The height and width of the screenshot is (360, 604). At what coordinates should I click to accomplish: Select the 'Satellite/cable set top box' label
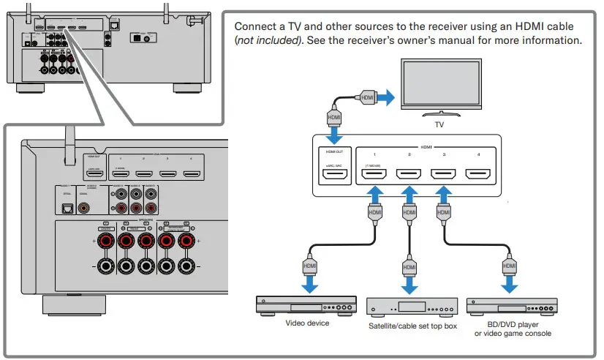412,326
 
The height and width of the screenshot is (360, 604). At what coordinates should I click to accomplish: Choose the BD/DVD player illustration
511,305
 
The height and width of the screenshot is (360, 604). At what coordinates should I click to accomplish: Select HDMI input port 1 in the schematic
374,176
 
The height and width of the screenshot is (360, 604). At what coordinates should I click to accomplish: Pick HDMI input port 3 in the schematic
442,176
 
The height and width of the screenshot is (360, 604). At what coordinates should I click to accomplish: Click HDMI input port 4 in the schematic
477,176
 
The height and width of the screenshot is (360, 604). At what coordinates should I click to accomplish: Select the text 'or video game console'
512,334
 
